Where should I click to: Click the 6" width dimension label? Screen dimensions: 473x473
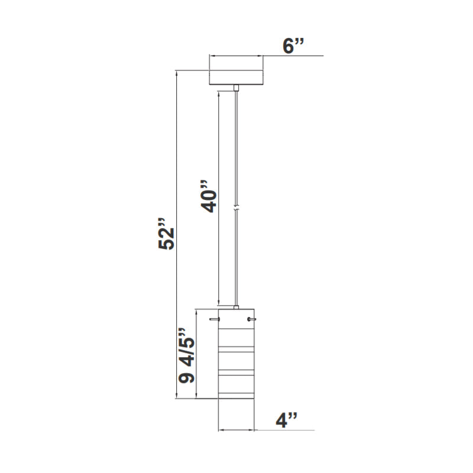[x=293, y=46]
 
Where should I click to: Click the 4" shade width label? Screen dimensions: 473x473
[x=287, y=420]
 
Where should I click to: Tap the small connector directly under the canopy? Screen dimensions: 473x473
[x=236, y=88]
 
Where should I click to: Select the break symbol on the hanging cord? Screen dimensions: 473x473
[x=237, y=209]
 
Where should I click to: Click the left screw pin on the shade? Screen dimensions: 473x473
[x=214, y=319]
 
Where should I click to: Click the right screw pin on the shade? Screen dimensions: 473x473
[x=253, y=319]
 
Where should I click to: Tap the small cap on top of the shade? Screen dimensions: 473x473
[x=237, y=307]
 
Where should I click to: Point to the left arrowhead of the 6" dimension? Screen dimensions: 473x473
[x=212, y=56]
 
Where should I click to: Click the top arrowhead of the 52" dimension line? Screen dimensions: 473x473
[x=177, y=73]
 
